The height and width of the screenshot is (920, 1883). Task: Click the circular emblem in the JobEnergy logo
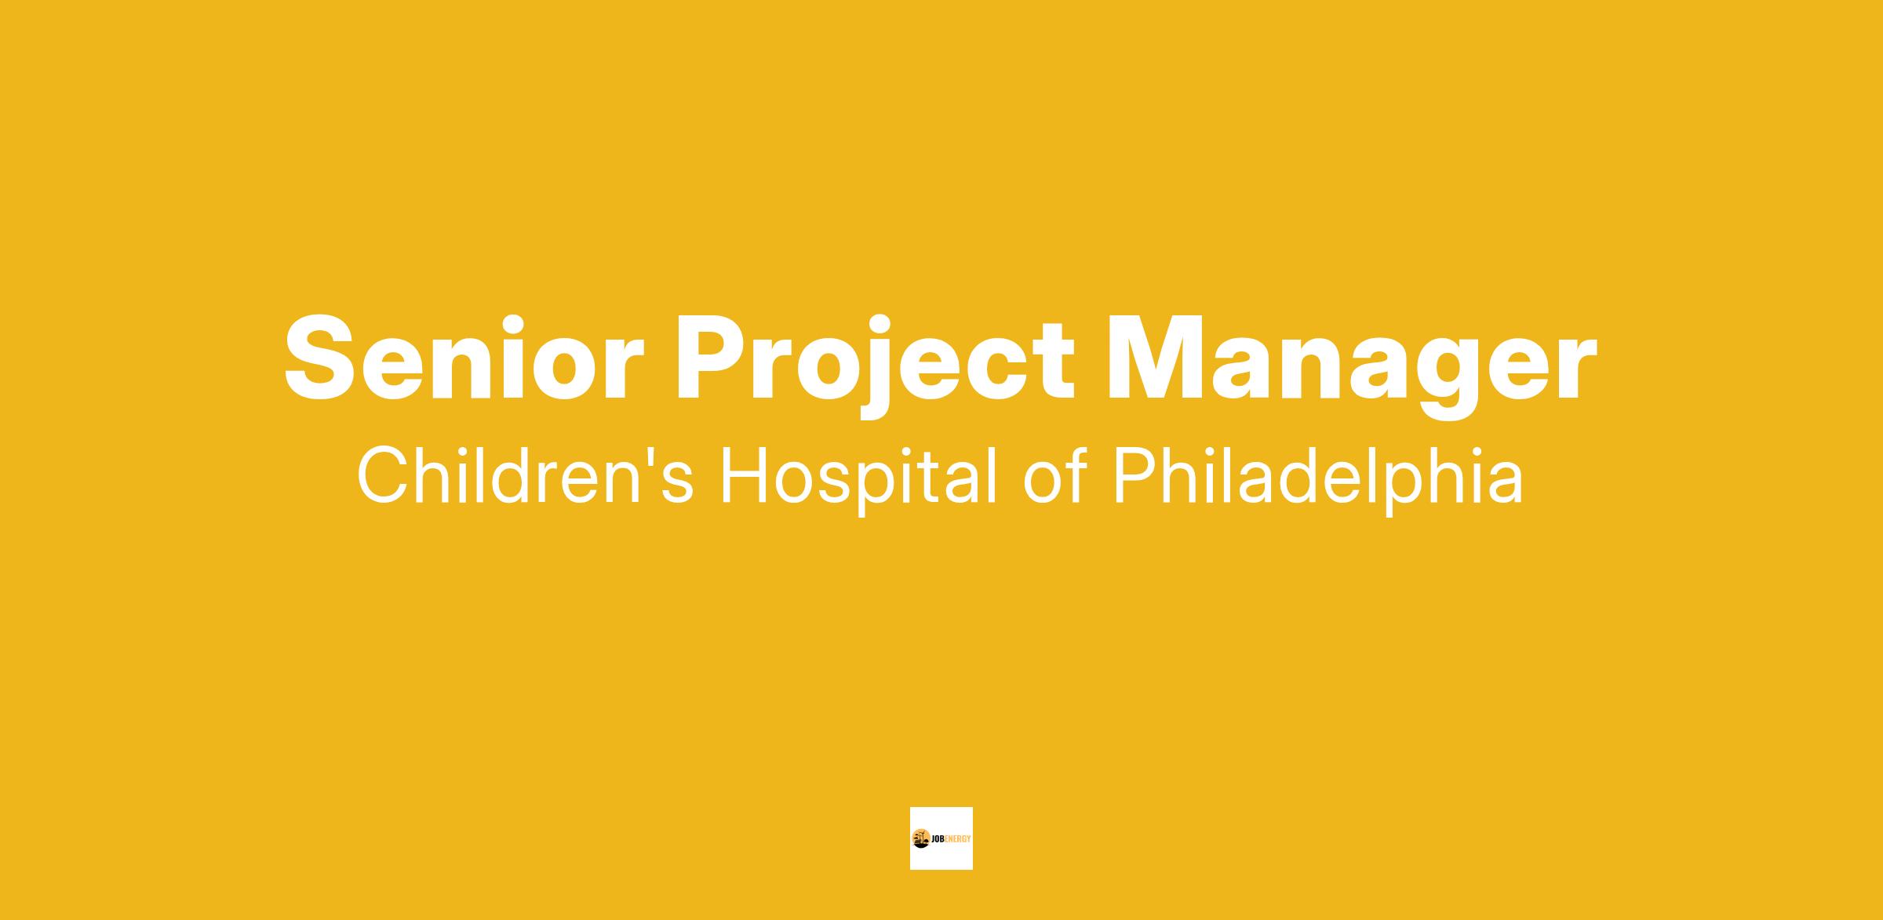(x=920, y=838)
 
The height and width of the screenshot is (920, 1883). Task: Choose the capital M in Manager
(x=1157, y=358)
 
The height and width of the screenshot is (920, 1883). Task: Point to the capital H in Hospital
(x=743, y=475)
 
